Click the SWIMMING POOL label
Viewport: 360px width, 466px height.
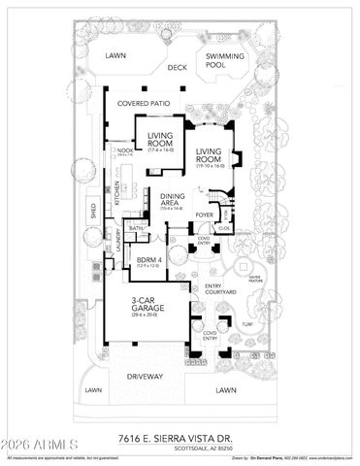221,61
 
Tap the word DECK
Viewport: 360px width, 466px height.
176,68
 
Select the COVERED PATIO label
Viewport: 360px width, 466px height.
146,102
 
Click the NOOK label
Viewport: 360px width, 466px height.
124,152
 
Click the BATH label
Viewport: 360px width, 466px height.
139,228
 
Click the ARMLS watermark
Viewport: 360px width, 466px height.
32,448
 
